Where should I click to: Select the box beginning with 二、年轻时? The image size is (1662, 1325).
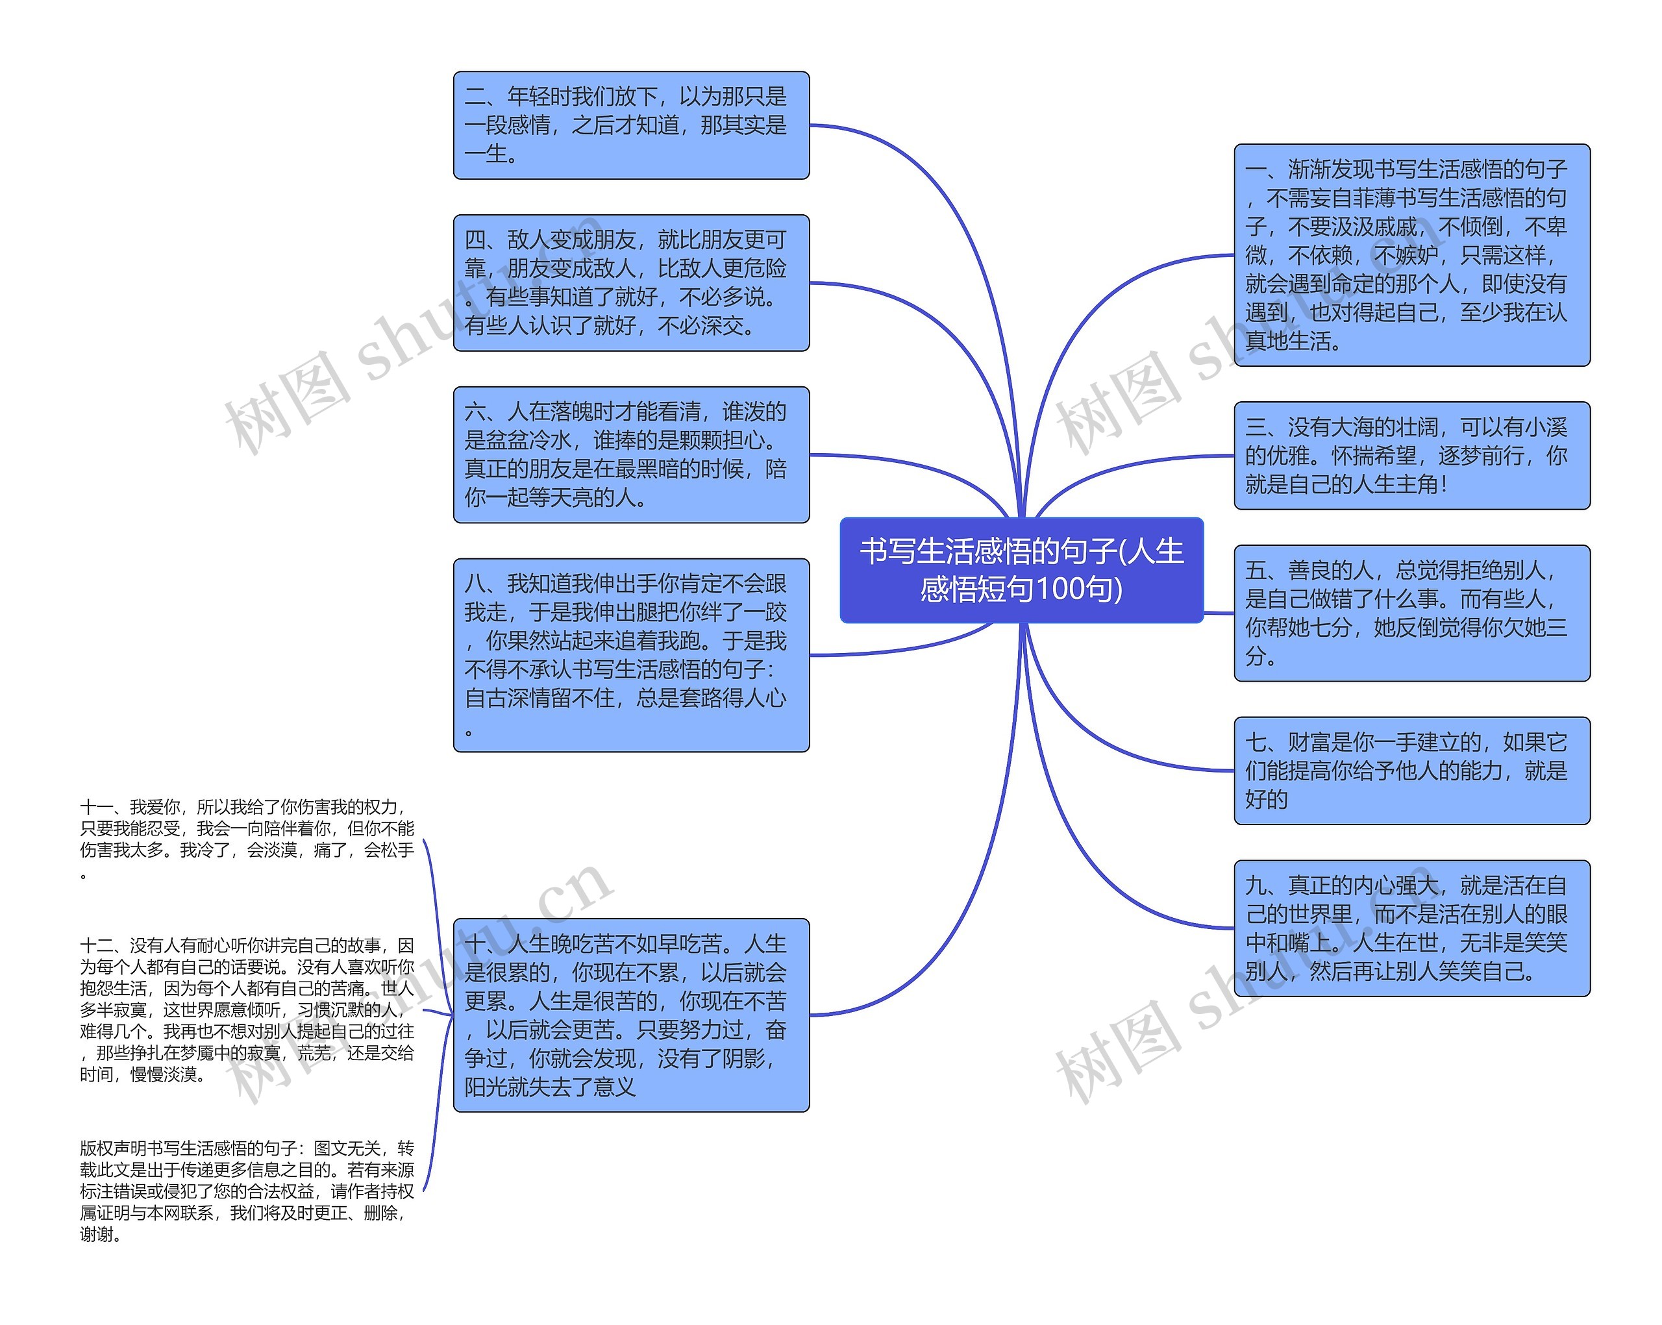630,125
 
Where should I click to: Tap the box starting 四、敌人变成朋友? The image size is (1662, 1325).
630,283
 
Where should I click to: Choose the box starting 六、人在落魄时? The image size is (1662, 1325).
630,455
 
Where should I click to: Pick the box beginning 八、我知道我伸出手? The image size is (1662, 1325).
630,655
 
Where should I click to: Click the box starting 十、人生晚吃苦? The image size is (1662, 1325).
630,1015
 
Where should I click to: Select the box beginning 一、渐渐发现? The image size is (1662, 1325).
1411,254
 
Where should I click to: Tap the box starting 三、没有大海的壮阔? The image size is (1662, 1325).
1411,456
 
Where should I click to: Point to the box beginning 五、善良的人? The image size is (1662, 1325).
1411,613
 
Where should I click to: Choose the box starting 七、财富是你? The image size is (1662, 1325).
1411,770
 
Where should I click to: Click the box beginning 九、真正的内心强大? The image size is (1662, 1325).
1411,928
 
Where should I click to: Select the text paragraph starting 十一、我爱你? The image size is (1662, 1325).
247,839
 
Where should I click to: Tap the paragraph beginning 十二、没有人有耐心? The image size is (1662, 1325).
247,1009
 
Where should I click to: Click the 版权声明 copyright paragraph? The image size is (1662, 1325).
247,1191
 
